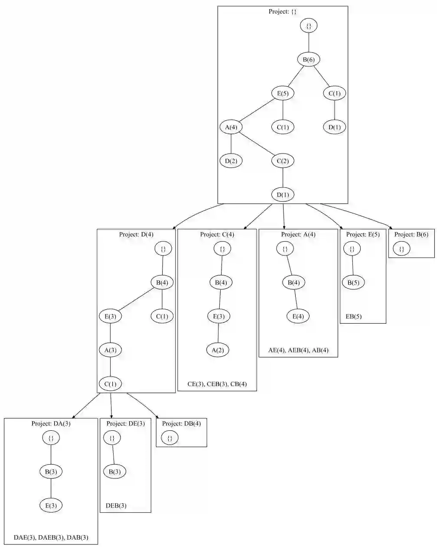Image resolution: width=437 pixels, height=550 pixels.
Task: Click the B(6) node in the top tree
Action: [308, 59]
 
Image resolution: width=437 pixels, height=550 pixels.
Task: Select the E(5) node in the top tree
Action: [283, 93]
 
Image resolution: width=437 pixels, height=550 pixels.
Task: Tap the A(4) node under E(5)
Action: [231, 127]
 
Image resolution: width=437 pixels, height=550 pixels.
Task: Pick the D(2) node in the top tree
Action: [231, 161]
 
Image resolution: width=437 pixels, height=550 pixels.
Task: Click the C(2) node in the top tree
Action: [283, 161]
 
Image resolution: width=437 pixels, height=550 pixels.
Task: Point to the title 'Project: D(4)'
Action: [136, 235]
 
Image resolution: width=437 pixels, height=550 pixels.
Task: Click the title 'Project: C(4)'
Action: [217, 235]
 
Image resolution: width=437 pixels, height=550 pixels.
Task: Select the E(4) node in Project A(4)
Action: [298, 316]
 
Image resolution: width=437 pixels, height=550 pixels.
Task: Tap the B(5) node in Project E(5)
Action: [353, 282]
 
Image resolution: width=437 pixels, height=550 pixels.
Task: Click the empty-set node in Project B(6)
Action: [401, 249]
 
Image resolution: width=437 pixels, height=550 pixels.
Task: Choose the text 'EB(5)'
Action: [353, 317]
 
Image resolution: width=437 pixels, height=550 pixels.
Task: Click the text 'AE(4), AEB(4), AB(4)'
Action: [298, 350]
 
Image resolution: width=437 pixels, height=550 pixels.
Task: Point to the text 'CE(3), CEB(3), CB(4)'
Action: [217, 384]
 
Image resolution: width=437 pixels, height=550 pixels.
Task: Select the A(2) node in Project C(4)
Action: [218, 350]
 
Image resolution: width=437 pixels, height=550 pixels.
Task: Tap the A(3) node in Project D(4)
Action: [111, 350]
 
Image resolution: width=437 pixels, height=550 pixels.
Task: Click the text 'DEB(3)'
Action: [116, 506]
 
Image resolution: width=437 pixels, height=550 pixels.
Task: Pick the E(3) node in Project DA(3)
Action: [51, 505]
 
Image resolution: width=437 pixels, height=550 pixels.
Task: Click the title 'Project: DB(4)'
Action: [181, 424]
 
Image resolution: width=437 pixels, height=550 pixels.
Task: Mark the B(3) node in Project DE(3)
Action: [114, 471]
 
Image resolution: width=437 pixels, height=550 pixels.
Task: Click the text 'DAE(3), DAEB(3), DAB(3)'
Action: [51, 537]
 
